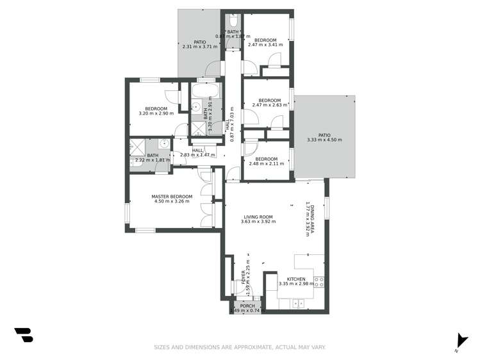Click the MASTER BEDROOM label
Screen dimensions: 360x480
point(172,196)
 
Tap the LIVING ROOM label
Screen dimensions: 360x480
point(258,217)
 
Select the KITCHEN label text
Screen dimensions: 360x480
point(296,279)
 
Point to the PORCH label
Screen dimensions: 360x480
point(247,306)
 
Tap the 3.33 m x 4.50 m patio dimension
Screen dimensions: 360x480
point(324,140)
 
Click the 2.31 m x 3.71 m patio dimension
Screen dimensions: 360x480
point(200,47)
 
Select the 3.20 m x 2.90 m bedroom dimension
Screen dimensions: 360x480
point(156,113)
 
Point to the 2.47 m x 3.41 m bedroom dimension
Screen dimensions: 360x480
point(265,45)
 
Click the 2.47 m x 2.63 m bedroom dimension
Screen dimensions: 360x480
point(269,105)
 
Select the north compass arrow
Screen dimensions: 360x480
point(459,341)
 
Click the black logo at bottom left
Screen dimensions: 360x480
point(23,334)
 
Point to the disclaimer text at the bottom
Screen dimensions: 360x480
point(240,347)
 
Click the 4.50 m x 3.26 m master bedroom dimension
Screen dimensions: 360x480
point(172,202)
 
